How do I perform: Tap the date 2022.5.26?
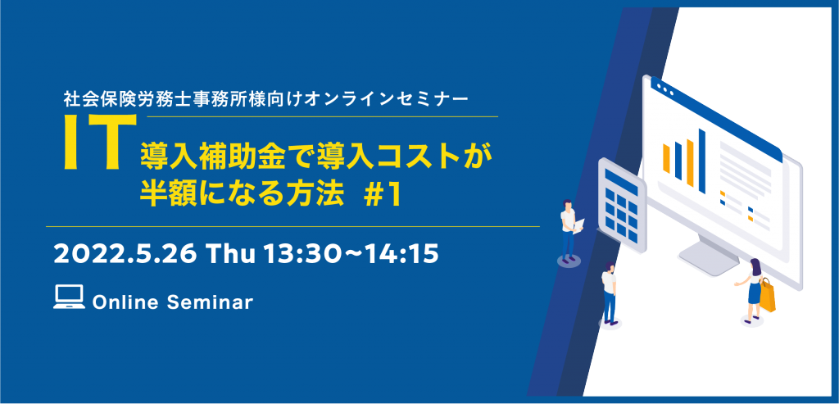(125, 255)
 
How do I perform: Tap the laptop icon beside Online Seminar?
(69, 297)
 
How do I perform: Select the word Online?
(125, 302)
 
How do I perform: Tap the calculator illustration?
(622, 206)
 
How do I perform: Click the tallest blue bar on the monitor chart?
(702, 161)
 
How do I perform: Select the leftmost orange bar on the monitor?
(666, 159)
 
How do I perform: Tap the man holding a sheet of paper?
(569, 231)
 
